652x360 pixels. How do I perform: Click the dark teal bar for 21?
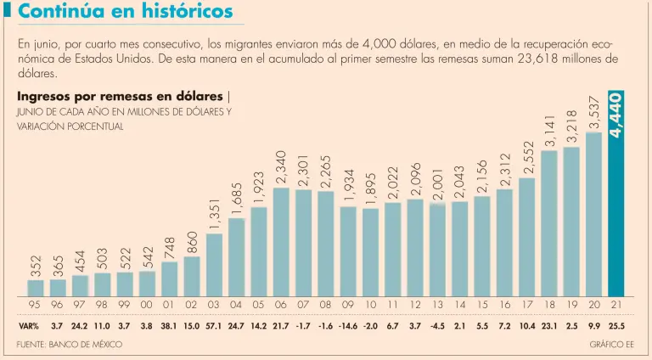[x=615, y=217]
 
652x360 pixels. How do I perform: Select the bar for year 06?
[x=281, y=242]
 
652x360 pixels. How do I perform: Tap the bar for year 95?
[x=36, y=288]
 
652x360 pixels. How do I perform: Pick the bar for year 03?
[x=215, y=265]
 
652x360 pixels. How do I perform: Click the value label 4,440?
[x=616, y=115]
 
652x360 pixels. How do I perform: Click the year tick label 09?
[x=347, y=305]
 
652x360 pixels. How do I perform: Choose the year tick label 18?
[x=548, y=305]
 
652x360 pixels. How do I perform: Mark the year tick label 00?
[x=147, y=305]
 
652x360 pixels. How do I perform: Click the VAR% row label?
[x=28, y=326]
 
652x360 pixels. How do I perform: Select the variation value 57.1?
[x=214, y=326]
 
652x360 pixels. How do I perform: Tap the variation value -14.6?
[x=347, y=326]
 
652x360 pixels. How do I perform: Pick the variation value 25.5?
[x=615, y=326]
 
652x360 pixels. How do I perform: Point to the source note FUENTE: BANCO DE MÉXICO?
[x=70, y=344]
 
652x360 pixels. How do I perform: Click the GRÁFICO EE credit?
[x=611, y=344]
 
